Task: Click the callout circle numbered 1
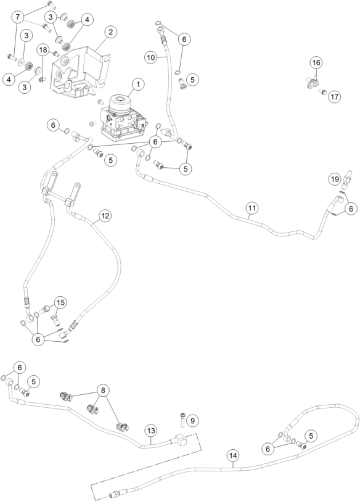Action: [x=138, y=85]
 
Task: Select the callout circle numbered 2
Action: [x=110, y=32]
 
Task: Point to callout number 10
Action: [x=151, y=57]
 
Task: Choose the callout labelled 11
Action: [x=252, y=209]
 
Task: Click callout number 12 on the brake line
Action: [x=105, y=216]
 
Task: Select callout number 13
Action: [x=151, y=431]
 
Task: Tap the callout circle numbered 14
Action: [x=233, y=455]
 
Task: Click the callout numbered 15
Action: [x=60, y=302]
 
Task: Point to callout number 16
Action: [x=316, y=63]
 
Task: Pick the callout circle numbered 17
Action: [x=335, y=96]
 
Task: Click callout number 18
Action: [x=43, y=50]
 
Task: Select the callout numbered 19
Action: [x=335, y=180]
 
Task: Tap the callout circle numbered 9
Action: [x=192, y=421]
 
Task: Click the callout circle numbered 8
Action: [x=103, y=391]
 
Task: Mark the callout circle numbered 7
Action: [x=18, y=17]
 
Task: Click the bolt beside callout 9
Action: [x=182, y=419]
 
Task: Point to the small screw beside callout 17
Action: [x=322, y=92]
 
